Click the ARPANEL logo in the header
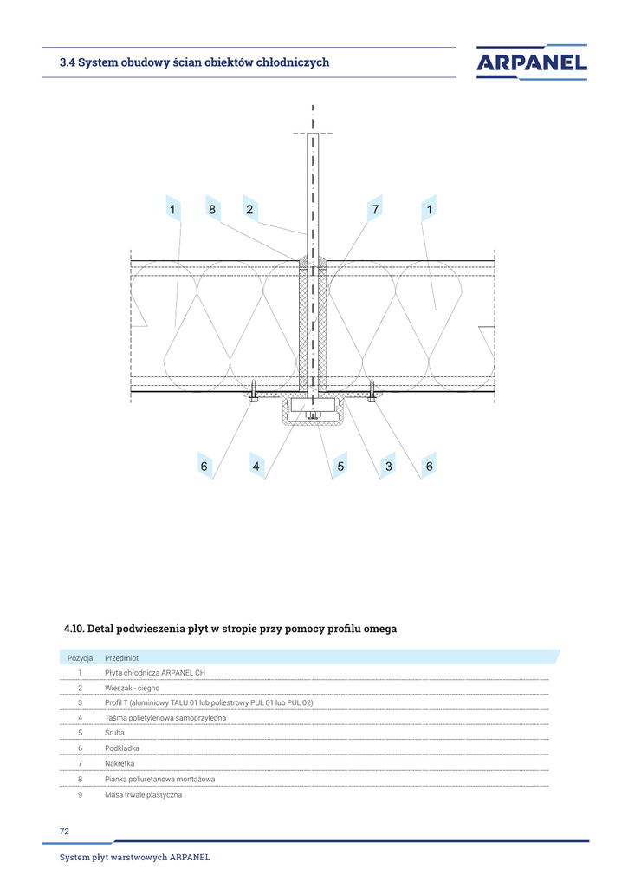531,62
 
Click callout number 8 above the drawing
211,209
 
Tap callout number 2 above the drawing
249,209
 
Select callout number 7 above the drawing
375,209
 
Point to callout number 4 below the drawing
256,467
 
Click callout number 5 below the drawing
340,467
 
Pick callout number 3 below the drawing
389,467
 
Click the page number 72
64,832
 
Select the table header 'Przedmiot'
121,658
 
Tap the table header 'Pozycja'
80,658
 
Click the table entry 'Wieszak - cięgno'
132,688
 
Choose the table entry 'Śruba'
114,733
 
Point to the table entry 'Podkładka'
121,748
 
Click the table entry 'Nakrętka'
120,763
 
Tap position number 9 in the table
80,794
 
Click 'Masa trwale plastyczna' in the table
143,794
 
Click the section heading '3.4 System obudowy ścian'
194,62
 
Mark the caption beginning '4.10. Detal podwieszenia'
230,629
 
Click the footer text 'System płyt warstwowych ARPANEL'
134,858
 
